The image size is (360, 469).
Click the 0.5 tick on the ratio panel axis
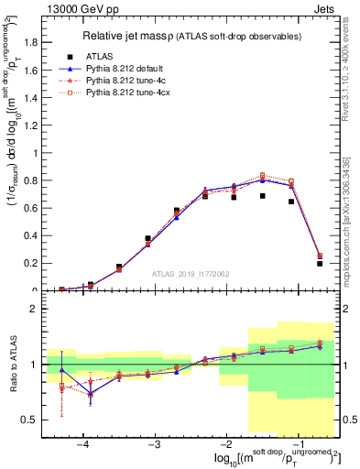click(34, 420)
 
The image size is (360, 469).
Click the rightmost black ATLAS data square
click(320, 264)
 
